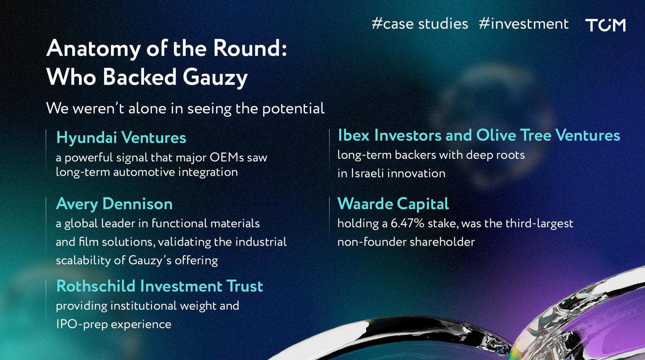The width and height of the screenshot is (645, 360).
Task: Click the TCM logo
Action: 605,25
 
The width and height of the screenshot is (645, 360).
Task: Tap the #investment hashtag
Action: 524,24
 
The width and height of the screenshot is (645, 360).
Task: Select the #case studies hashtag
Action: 420,24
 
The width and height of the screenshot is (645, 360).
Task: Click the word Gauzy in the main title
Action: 215,78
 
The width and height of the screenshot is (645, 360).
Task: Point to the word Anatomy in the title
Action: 93,49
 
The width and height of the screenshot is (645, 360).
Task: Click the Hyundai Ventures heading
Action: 121,138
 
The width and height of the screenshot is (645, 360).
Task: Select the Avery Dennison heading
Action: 114,204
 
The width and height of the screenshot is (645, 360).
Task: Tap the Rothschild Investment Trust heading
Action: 160,286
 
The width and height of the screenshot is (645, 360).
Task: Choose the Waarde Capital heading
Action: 393,204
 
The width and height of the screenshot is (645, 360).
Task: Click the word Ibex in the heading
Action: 354,135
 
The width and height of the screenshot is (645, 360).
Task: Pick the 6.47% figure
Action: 407,224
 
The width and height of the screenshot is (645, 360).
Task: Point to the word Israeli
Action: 367,174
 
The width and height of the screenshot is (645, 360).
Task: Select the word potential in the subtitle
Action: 293,109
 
